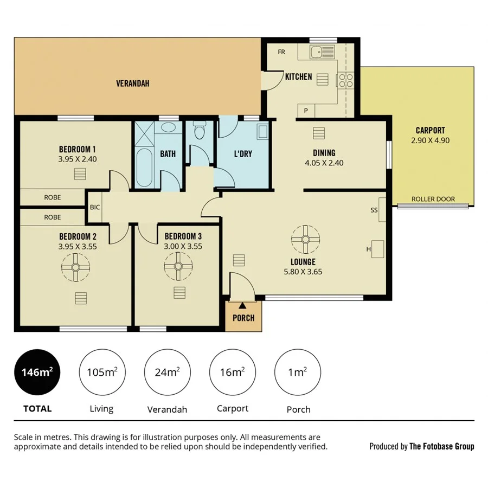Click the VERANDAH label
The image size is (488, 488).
pyautogui.click(x=132, y=84)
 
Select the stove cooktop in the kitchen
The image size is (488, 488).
pyautogui.click(x=345, y=80)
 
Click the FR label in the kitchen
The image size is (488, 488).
pyautogui.click(x=281, y=52)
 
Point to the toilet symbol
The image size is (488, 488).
pyautogui.click(x=199, y=131)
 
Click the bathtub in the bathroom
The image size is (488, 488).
pyautogui.click(x=144, y=166)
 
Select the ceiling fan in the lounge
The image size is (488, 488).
pyautogui.click(x=305, y=239)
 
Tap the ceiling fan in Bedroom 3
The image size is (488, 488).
pyautogui.click(x=178, y=266)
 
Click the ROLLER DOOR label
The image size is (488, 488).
pyautogui.click(x=433, y=199)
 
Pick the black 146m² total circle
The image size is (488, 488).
pyautogui.click(x=37, y=372)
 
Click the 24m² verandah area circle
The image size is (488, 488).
pyautogui.click(x=167, y=372)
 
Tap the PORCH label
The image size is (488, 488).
pyautogui.click(x=243, y=318)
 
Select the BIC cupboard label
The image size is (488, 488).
pyautogui.click(x=95, y=207)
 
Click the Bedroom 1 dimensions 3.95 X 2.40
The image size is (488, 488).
pyautogui.click(x=78, y=159)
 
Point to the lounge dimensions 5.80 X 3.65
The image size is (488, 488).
pyautogui.click(x=303, y=272)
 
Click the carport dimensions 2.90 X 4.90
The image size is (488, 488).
pyautogui.click(x=431, y=140)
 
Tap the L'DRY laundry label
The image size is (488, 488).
pyautogui.click(x=243, y=154)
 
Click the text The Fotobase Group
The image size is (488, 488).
pyautogui.click(x=441, y=446)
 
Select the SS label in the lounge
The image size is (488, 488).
pyautogui.click(x=374, y=210)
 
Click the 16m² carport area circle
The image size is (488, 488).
pyautogui.click(x=232, y=372)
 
